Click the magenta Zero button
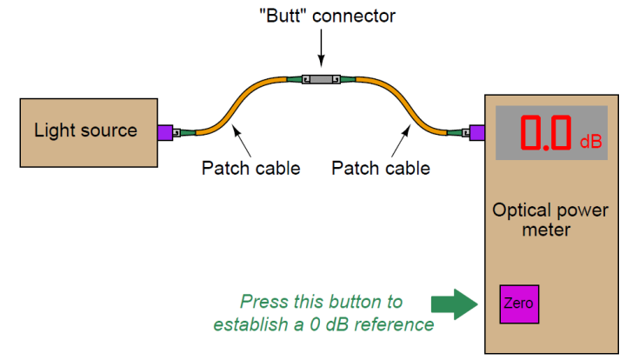[517, 304]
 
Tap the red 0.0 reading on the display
[546, 134]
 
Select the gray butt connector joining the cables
[321, 80]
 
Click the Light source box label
[85, 131]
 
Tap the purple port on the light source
[163, 133]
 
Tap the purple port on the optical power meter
[476, 133]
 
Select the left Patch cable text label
[250, 168]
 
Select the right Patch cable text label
[381, 168]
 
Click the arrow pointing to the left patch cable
[243, 138]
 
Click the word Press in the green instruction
[263, 302]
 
